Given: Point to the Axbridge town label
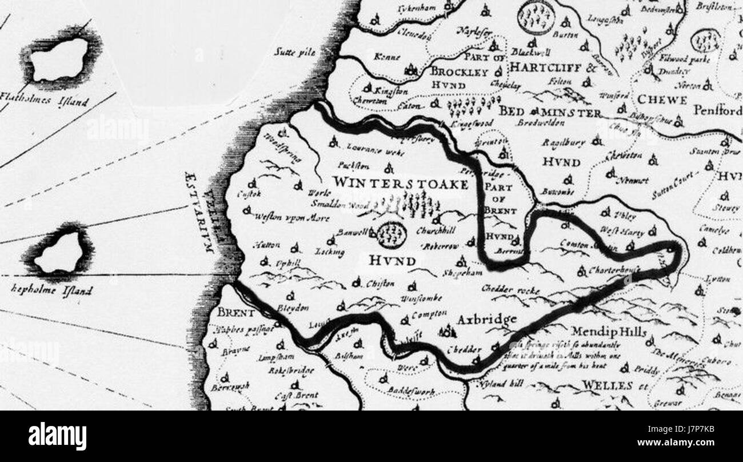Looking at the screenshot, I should tap(488, 319).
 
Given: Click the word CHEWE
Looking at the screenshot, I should tap(662, 100).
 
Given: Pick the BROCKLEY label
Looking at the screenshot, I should tap(458, 72).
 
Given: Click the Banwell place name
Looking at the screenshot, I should tap(353, 233).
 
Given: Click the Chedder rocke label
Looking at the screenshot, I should tap(510, 290).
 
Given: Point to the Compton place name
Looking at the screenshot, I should tap(428, 314).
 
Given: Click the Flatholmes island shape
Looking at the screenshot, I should tap(60, 59).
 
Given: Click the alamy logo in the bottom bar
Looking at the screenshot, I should tap(57, 436).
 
